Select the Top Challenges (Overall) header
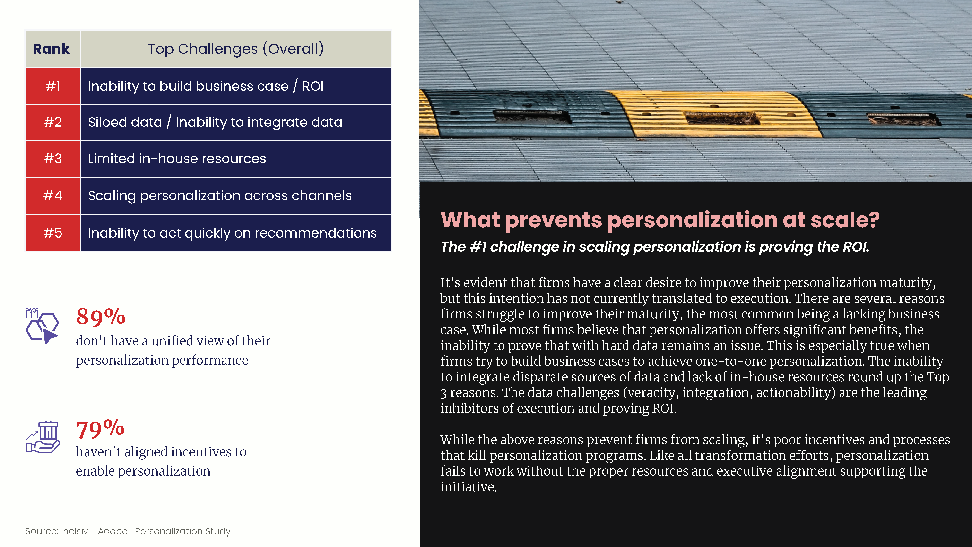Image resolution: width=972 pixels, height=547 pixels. [x=236, y=49]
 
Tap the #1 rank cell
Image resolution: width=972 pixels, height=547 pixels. [x=53, y=86]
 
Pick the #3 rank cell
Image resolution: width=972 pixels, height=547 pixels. [x=53, y=159]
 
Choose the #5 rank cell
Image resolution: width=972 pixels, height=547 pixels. [x=53, y=233]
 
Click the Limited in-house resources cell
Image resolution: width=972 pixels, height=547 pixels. [x=236, y=159]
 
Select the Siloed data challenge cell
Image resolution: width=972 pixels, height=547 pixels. [x=236, y=122]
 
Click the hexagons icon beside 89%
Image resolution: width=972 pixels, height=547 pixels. [x=42, y=326]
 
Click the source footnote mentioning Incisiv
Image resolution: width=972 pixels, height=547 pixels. [x=128, y=531]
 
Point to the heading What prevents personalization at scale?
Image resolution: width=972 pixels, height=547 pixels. [x=660, y=220]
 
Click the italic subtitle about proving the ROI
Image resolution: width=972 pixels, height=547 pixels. [x=655, y=247]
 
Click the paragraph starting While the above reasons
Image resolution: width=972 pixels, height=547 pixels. [x=695, y=463]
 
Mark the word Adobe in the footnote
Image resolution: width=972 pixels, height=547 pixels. [x=113, y=531]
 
